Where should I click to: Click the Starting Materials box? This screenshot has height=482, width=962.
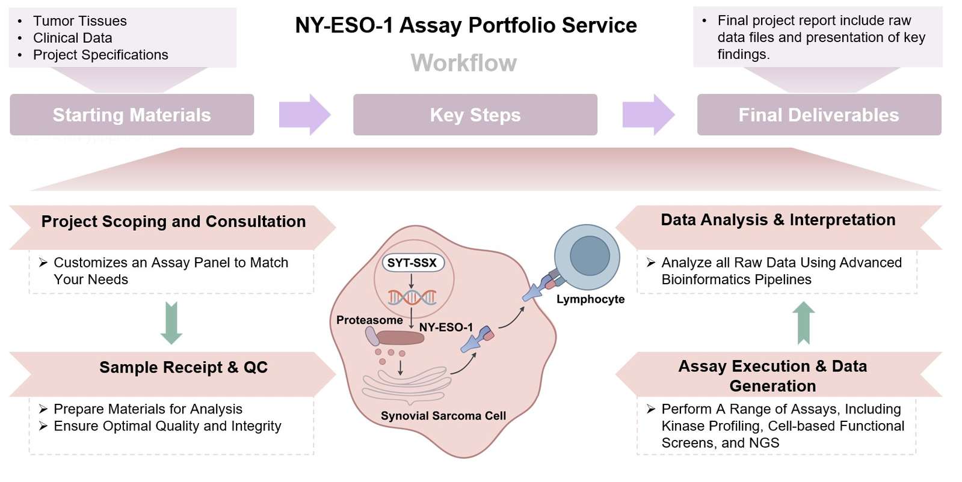click(x=132, y=115)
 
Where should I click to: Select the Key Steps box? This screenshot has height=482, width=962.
click(x=475, y=115)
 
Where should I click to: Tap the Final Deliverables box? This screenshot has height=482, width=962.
click(x=818, y=115)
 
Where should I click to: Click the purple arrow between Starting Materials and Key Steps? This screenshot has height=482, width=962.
click(x=304, y=114)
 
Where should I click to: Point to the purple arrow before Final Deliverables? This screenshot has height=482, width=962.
click(x=648, y=114)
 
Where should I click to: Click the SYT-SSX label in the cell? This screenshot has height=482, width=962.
click(x=412, y=263)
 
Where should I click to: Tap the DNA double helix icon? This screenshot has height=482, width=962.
click(x=412, y=297)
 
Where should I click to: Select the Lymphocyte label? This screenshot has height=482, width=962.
click(x=590, y=299)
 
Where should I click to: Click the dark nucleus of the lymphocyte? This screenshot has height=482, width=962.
click(x=590, y=255)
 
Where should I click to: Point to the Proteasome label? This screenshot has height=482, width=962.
click(x=369, y=320)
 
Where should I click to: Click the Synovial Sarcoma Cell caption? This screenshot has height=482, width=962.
click(x=443, y=416)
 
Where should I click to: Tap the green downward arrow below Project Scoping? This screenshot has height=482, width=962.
click(x=171, y=323)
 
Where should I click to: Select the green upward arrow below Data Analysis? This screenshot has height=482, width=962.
click(x=803, y=323)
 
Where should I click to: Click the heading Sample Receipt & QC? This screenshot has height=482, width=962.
click(x=183, y=367)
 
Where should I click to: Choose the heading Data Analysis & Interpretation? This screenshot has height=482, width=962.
click(x=778, y=220)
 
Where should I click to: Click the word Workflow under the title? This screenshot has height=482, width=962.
click(x=463, y=63)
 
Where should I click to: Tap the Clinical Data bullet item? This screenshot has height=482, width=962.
click(x=72, y=38)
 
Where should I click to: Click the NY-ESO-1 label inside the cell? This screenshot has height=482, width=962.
click(x=446, y=328)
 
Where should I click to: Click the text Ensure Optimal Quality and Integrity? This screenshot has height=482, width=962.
click(x=167, y=426)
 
